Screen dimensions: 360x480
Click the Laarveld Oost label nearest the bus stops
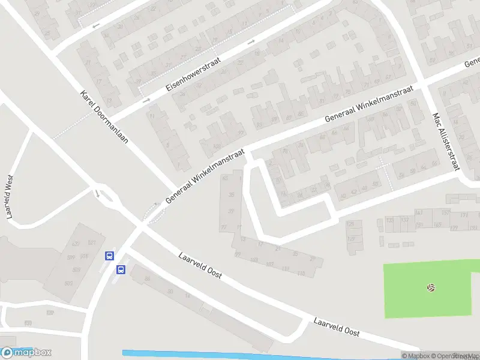[200, 265]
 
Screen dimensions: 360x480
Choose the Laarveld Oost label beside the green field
[337, 326]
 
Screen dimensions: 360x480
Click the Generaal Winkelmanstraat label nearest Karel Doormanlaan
[206, 175]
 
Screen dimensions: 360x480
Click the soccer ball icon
[431, 288]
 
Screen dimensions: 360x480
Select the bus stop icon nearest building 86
[121, 269]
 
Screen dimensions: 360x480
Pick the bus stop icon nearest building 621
[109, 256]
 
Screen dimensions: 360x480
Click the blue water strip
[258, 355]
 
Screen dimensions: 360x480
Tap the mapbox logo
[26, 353]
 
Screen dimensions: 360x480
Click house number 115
[301, 274]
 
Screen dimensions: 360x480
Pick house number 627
[76, 244]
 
